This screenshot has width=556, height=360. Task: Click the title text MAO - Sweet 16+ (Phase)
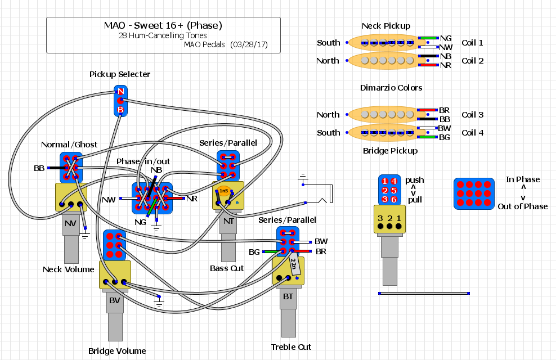click(163, 25)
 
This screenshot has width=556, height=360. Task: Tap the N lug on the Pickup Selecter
click(120, 92)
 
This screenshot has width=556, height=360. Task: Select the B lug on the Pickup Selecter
click(120, 109)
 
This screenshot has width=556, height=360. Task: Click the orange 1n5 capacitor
click(224, 191)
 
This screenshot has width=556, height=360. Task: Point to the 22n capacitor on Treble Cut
click(294, 262)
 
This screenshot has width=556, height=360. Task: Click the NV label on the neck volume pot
click(70, 223)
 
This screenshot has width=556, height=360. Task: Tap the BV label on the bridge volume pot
click(115, 300)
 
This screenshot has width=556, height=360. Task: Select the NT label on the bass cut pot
click(228, 221)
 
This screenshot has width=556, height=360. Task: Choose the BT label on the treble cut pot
click(288, 296)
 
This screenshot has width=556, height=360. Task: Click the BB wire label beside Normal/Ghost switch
click(39, 168)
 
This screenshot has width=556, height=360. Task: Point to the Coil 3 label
click(472, 115)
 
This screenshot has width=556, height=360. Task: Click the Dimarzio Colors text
click(391, 88)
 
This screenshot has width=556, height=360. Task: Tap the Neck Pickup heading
click(385, 26)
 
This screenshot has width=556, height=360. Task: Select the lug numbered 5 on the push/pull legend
click(394, 190)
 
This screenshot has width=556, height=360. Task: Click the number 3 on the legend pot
click(380, 218)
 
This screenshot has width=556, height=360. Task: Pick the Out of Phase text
click(522, 206)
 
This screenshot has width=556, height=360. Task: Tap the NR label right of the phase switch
click(192, 199)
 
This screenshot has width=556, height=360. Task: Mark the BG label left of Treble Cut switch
click(254, 251)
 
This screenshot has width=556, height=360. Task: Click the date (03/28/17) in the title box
click(249, 44)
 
